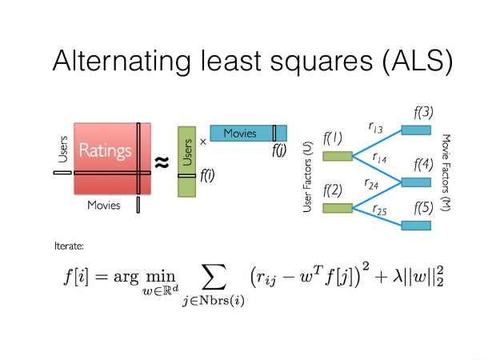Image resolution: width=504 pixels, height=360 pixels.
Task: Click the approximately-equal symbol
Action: [x=161, y=162]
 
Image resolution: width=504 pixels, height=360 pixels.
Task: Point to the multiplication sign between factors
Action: [x=202, y=141]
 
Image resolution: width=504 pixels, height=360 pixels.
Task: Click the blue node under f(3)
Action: [x=416, y=130]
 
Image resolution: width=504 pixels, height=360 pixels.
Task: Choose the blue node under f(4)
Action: [x=416, y=182]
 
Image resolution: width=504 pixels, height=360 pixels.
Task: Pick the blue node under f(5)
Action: [x=416, y=226]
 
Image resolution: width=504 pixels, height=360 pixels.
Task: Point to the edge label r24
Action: [x=371, y=183]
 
